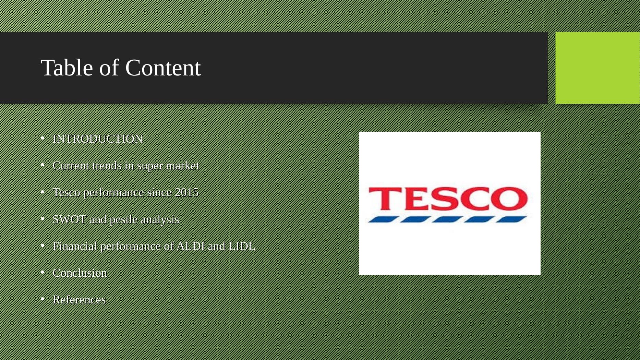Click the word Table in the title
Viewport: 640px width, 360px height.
coord(67,68)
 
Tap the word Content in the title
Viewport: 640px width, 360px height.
coord(163,68)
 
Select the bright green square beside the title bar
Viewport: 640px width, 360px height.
coord(597,68)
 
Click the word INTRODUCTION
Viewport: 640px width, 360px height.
coord(98,139)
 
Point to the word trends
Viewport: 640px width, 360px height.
coord(107,166)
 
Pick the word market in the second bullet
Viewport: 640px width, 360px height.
coord(182,166)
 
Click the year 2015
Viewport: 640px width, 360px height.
coord(186,192)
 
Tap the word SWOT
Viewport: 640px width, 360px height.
coord(69,219)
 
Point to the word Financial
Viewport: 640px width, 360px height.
coord(75,246)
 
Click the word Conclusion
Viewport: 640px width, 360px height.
coord(80,273)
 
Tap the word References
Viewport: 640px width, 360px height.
coord(79,300)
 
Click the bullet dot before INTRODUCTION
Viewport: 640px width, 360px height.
coord(43,138)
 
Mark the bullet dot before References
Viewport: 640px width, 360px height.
coord(43,299)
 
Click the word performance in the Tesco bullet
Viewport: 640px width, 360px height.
coord(114,192)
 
